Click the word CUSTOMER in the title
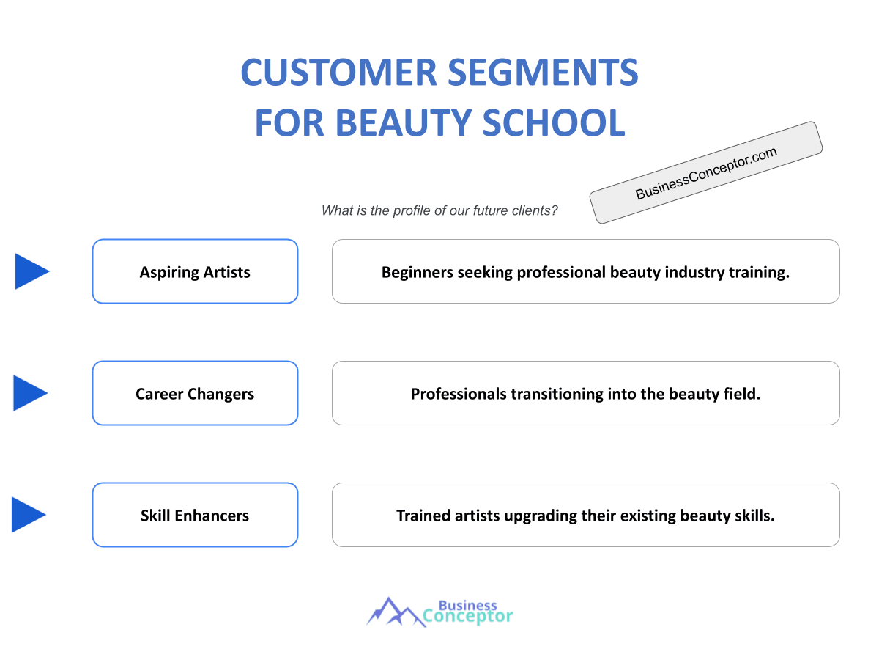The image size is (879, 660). coord(338,73)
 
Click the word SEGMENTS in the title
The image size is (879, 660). coord(543,73)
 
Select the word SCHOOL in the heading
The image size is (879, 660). coord(554,122)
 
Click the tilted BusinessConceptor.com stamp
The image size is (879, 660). coord(705,173)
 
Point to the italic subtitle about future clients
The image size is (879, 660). coord(439,210)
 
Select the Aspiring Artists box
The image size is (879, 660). coord(195,271)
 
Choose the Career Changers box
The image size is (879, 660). coord(195,393)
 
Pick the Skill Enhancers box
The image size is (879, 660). coord(195,515)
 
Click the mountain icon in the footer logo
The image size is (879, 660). coord(396,612)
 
